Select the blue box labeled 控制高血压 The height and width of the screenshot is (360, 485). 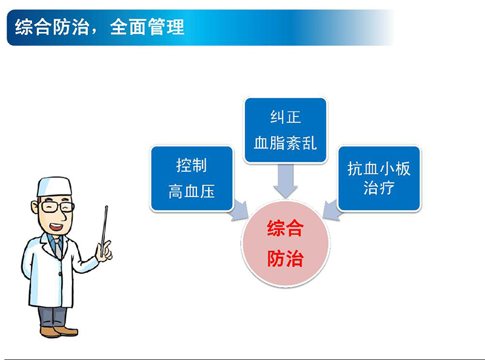192,178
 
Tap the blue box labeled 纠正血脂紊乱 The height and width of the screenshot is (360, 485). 285,130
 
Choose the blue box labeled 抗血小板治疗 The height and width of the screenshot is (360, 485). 379,178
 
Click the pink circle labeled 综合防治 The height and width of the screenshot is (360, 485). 285,244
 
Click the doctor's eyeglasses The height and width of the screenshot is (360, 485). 55,207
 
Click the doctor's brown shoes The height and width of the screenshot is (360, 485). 58,331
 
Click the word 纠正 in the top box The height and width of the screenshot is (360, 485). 285,118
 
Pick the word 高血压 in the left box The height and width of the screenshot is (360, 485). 192,192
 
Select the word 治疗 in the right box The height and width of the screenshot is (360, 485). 379,187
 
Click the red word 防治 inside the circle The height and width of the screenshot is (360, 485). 285,259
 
